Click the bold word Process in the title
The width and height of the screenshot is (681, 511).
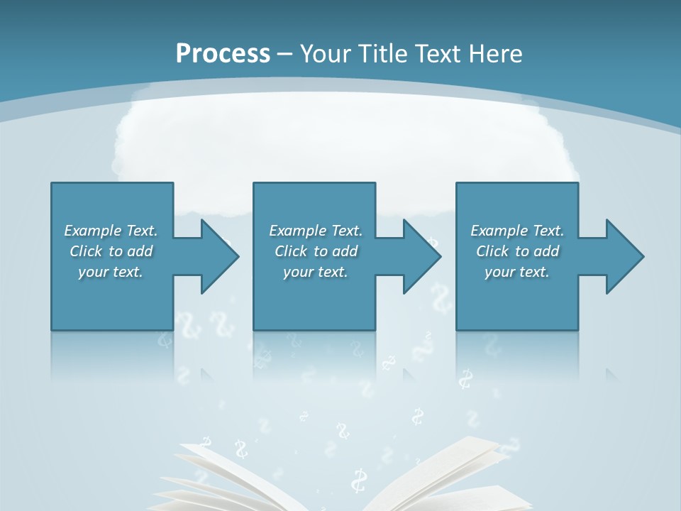(x=223, y=54)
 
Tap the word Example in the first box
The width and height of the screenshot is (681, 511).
(x=93, y=231)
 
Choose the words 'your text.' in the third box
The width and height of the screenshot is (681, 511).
(x=516, y=272)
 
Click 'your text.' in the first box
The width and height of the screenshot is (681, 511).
(x=111, y=272)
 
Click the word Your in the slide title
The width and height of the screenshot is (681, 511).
(x=323, y=54)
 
